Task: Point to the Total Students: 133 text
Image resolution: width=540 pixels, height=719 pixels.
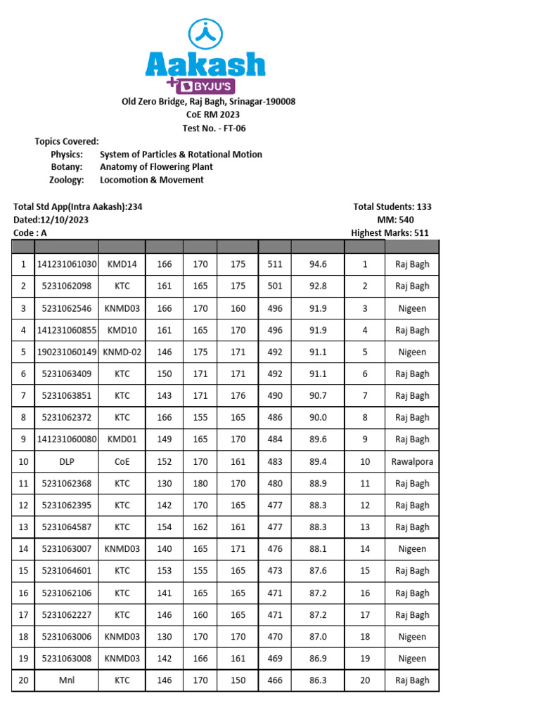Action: click(x=392, y=206)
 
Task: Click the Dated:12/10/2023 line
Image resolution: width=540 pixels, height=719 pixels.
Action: click(x=51, y=220)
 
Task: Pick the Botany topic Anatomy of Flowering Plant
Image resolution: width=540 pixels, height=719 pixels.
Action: click(x=156, y=167)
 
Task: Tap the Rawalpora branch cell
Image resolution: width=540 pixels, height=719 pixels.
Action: click(x=412, y=461)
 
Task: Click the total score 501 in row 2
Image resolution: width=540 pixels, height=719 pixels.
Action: click(x=275, y=286)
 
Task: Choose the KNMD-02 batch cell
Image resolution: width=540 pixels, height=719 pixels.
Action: click(x=122, y=352)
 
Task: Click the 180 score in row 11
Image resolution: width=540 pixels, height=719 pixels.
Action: click(x=200, y=483)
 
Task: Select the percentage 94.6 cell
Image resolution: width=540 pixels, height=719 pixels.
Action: click(x=318, y=265)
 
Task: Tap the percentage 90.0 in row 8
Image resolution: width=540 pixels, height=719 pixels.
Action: click(x=318, y=417)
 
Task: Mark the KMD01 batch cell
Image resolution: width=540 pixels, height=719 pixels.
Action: click(x=122, y=439)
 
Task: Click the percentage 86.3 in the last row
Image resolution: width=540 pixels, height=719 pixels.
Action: click(x=318, y=680)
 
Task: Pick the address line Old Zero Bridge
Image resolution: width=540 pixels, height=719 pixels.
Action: click(x=209, y=102)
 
